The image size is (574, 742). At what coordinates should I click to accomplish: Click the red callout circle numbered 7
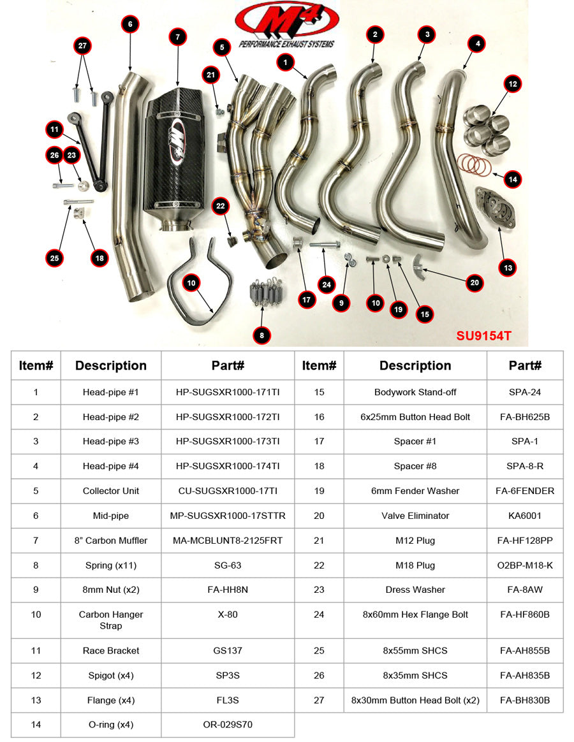(177, 37)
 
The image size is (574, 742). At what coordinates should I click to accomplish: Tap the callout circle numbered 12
(512, 83)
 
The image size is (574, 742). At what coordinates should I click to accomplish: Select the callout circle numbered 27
(82, 46)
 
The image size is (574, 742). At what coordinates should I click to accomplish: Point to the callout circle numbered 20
(474, 282)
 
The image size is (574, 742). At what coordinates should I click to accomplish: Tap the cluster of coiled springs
(261, 293)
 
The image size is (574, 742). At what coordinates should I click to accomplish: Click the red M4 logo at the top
(287, 19)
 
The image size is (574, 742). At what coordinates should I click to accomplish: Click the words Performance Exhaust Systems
(287, 45)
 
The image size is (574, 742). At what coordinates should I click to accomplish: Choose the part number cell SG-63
(228, 565)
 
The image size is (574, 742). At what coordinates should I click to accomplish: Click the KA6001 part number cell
(525, 516)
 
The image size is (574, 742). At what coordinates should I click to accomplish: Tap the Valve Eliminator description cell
(415, 516)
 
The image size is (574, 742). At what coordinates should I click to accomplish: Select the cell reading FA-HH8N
(228, 590)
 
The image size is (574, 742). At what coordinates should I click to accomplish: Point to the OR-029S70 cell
(228, 725)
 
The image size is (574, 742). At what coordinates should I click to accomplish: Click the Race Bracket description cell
(111, 651)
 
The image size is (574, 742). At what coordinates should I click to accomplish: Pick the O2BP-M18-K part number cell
(525, 565)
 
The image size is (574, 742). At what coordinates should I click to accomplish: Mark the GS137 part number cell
(228, 651)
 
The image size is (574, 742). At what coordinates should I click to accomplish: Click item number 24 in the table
(319, 615)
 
